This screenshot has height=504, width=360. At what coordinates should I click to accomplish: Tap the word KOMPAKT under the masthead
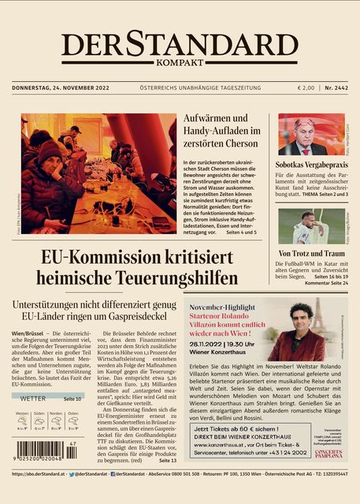point(180,63)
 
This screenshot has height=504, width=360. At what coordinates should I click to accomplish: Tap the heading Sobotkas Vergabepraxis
point(310,164)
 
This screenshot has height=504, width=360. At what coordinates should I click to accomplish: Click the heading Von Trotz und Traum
point(310,254)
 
